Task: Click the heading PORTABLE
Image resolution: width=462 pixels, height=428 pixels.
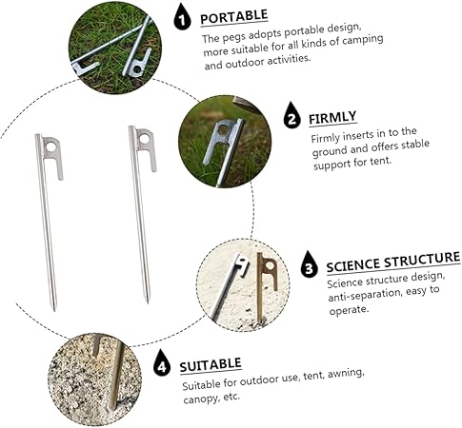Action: point(234,17)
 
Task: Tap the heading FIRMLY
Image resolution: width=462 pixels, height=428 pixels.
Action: point(332,118)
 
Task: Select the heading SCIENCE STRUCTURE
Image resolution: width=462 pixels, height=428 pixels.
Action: point(393,263)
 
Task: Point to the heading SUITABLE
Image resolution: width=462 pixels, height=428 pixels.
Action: point(211,364)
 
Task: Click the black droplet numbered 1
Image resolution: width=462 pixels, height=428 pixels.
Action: point(182,17)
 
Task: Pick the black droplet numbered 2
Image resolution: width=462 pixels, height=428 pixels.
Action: point(292,115)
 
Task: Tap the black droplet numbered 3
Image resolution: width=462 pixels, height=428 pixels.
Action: point(309,264)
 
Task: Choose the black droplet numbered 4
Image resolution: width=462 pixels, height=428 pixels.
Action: point(162,363)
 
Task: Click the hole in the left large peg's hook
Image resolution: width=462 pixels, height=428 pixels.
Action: point(51,146)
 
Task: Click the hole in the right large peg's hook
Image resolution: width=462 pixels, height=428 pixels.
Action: point(144,139)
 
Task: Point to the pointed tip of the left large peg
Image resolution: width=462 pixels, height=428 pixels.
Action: point(54,310)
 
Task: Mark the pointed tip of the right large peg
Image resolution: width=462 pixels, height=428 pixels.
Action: point(148,302)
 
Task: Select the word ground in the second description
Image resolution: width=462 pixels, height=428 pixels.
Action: point(330,151)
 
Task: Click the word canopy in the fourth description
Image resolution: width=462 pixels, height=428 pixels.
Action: point(200,399)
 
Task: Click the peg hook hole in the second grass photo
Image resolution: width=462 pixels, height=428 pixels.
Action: point(224,129)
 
